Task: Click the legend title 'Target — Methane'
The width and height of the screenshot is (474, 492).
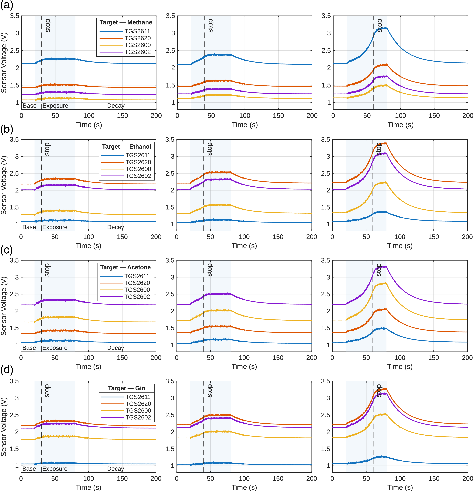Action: pos(126,22)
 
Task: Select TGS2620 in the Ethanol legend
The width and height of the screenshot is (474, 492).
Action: pos(138,162)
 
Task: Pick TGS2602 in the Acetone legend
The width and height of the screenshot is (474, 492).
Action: pos(137,297)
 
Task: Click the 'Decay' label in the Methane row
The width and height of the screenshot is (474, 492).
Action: pos(116,106)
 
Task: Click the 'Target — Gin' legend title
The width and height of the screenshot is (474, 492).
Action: pos(127,388)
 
